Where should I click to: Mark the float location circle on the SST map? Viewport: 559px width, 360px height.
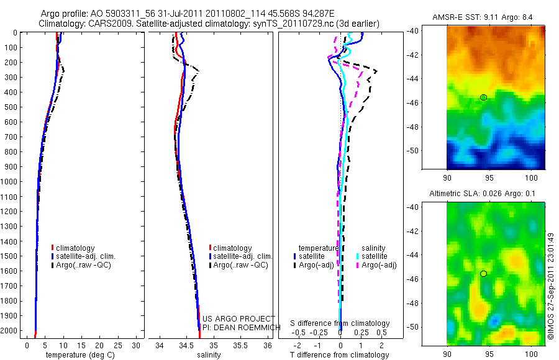point(483,97)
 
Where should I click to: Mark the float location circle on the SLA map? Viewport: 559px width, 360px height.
point(483,274)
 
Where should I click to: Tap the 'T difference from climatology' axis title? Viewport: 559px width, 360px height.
point(339,355)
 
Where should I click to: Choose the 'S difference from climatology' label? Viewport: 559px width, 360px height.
point(340,323)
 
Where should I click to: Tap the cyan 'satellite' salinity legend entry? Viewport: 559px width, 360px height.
point(374,256)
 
